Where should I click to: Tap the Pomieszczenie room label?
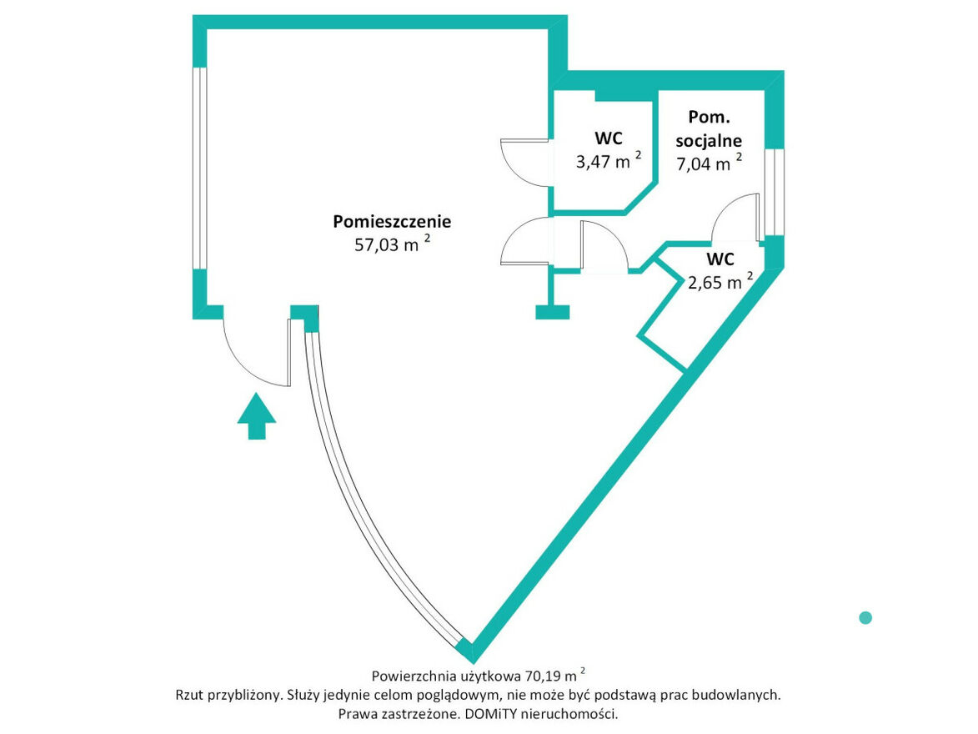(392, 222)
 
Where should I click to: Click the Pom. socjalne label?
(709, 128)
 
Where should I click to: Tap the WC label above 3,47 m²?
(609, 138)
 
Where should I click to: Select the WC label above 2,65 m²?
(720, 259)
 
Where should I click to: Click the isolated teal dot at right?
(865, 617)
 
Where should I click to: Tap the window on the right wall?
(775, 192)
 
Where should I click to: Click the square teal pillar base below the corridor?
(552, 312)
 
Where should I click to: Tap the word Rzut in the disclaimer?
(189, 695)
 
